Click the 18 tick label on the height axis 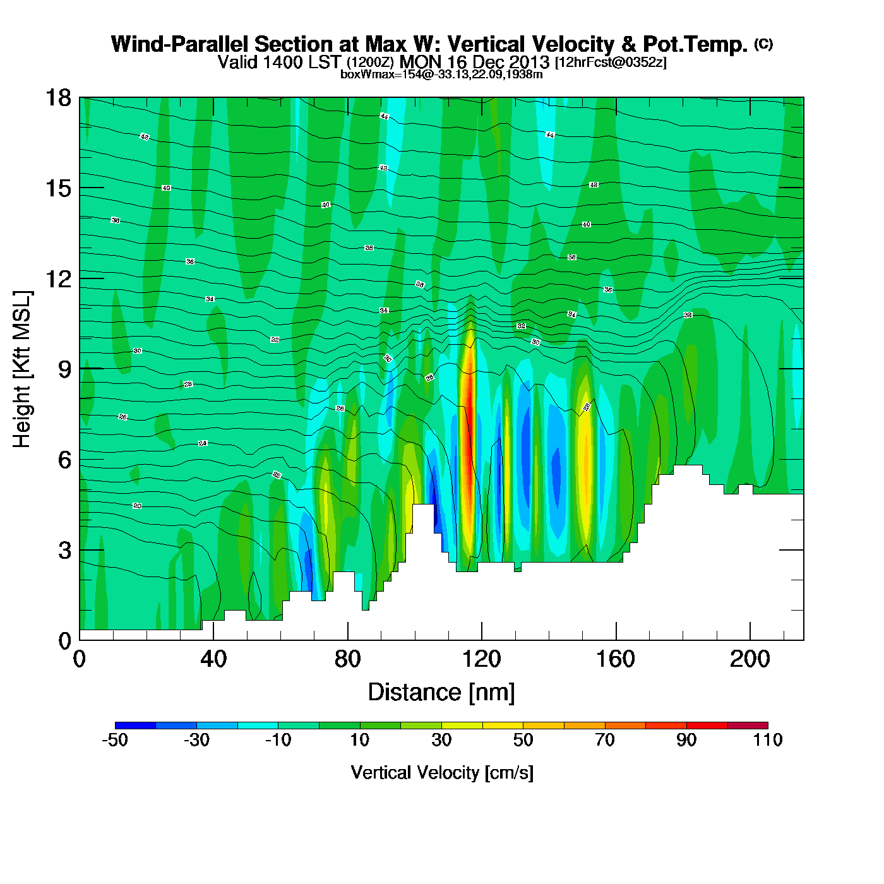point(57,98)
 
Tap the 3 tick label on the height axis point(64,550)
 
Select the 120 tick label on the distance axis point(481,659)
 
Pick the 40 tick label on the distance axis point(213,659)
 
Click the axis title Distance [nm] point(441,692)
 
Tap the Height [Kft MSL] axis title point(22,369)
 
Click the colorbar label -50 point(115,740)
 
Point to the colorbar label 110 point(767,740)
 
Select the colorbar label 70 point(604,740)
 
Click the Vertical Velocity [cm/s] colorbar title point(442,772)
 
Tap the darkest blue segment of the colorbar point(135,725)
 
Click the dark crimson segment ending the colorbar point(747,725)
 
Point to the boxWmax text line point(441,75)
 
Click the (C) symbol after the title point(763,44)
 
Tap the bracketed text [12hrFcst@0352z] point(610,63)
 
